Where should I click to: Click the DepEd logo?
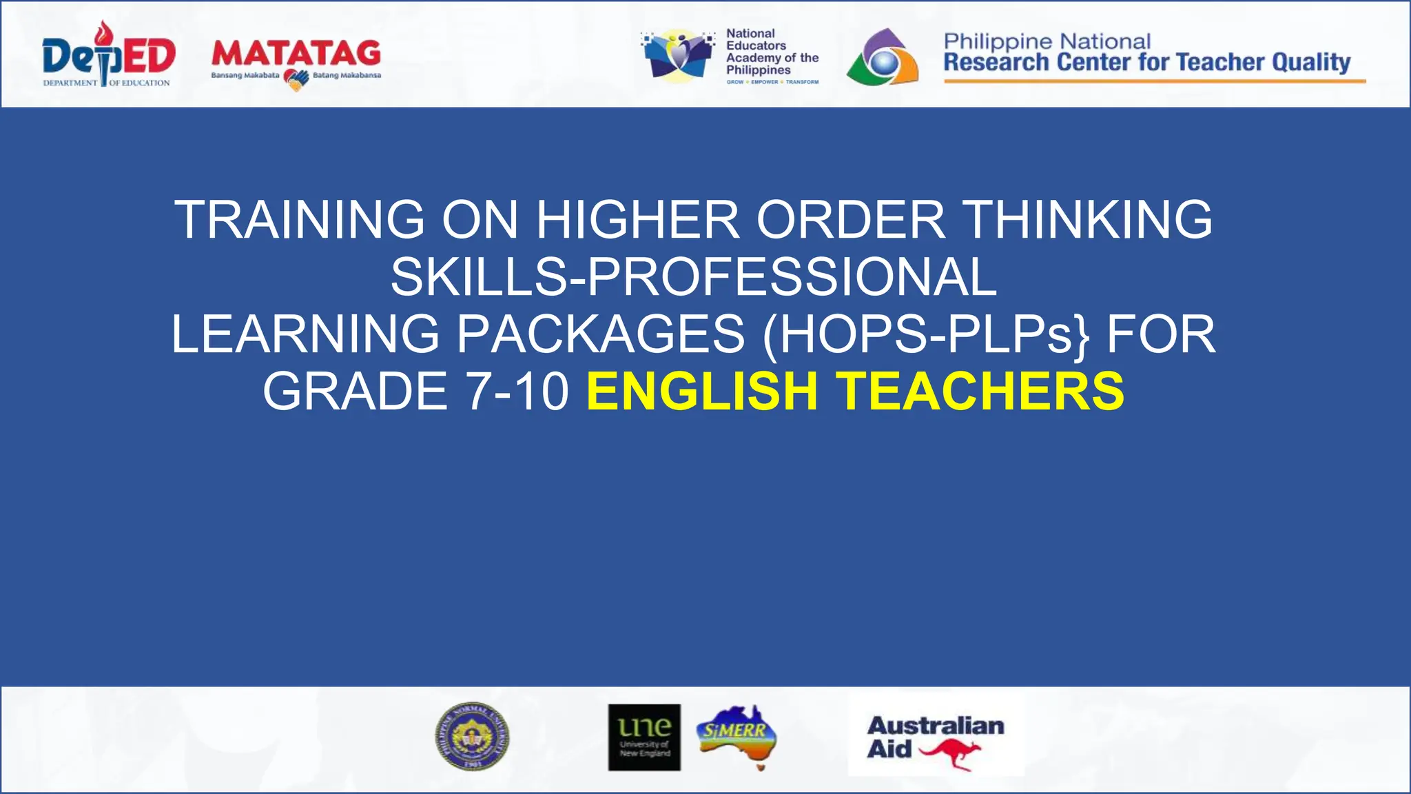pyautogui.click(x=108, y=56)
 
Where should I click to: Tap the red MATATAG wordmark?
pyautogui.click(x=296, y=54)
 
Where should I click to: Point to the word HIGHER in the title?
pyautogui.click(x=637, y=220)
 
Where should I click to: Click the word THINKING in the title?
pyautogui.click(x=1089, y=220)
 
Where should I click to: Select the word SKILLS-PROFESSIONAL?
pyautogui.click(x=694, y=277)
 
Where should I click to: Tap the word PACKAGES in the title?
pyautogui.click(x=600, y=334)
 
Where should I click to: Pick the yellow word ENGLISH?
pyautogui.click(x=702, y=391)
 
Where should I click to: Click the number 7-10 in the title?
pyautogui.click(x=517, y=391)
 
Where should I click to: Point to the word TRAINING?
pyautogui.click(x=299, y=220)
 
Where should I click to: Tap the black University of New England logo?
pyautogui.click(x=644, y=737)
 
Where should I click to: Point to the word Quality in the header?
pyautogui.click(x=1311, y=63)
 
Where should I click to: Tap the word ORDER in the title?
pyautogui.click(x=850, y=220)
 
